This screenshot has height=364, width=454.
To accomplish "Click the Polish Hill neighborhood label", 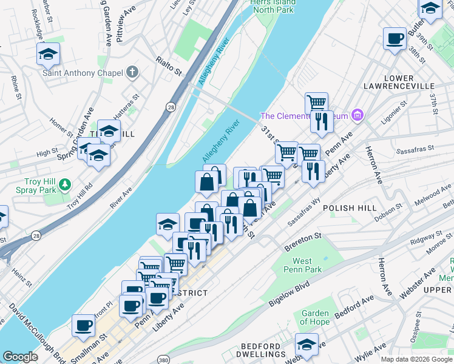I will tap(347, 207).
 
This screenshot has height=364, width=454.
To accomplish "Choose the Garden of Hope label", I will tap(315, 317).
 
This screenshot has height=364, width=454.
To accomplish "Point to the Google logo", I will tap(20, 357).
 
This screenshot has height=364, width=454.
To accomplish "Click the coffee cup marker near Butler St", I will tap(395, 39).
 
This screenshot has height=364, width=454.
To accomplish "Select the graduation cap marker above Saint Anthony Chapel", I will tap(49, 55).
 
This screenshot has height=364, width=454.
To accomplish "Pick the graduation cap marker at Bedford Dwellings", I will tap(307, 345).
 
